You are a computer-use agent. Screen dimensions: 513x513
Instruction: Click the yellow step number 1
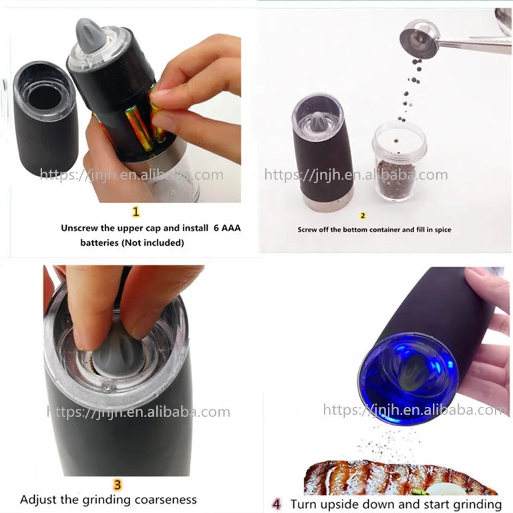(x=136, y=211)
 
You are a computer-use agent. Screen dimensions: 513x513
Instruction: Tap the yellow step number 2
(x=363, y=216)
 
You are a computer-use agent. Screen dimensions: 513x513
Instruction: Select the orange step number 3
(x=118, y=484)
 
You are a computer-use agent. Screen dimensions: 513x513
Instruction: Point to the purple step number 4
(x=277, y=504)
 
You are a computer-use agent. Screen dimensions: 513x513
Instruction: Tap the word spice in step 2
(x=443, y=230)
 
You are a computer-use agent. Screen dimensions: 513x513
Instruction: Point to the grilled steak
(x=400, y=478)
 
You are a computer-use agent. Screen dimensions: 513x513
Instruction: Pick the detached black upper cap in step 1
(x=46, y=117)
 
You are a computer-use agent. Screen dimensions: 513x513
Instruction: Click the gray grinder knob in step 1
(x=91, y=35)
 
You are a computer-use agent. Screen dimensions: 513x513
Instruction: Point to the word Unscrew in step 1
(x=79, y=228)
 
